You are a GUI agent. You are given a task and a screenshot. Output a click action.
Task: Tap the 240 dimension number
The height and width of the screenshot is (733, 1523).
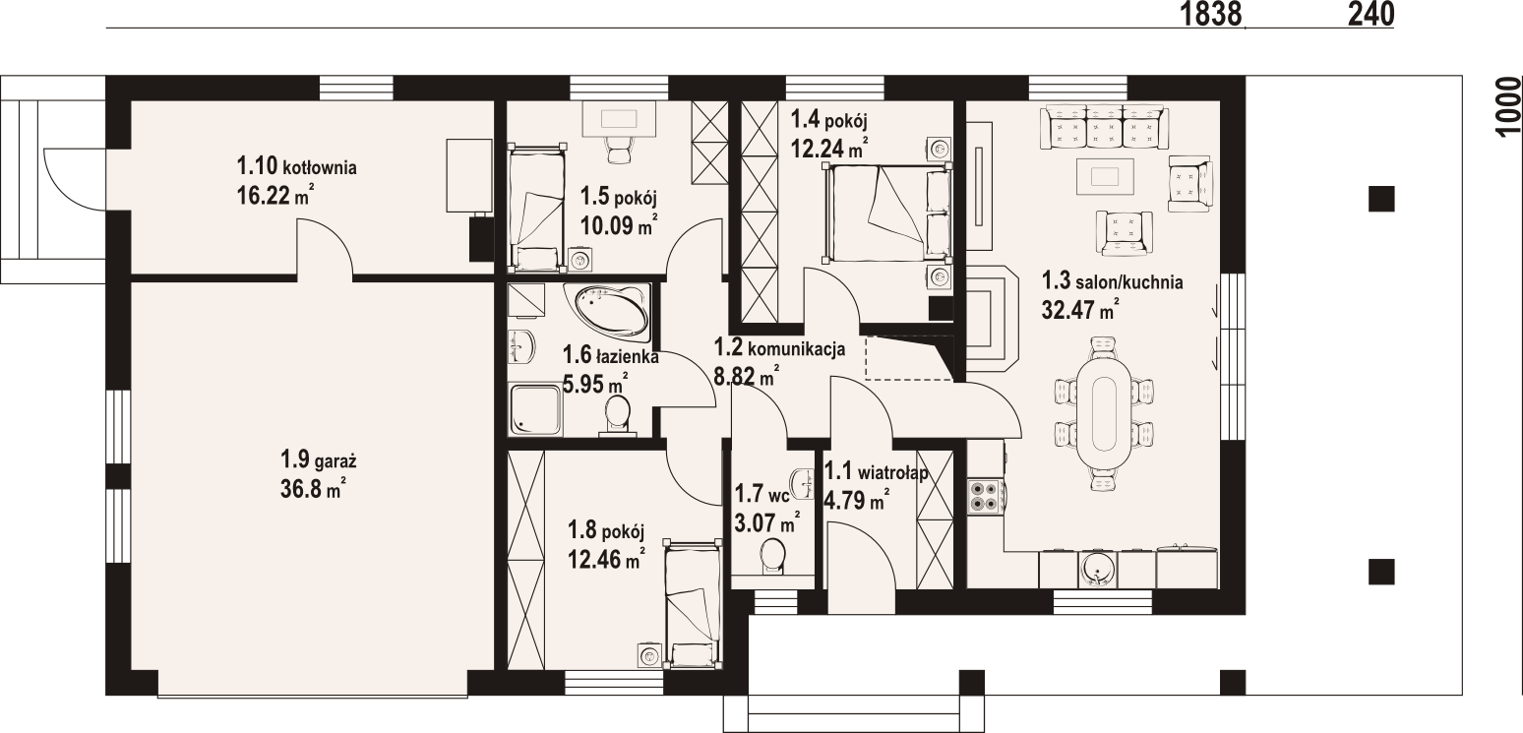[1371, 14]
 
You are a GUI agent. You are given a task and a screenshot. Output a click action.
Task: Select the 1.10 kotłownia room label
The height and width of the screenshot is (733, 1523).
[296, 166]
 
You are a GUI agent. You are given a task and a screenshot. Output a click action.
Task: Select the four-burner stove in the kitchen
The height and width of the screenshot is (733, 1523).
[985, 497]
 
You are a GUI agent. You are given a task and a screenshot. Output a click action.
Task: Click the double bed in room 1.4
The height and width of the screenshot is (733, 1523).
[886, 213]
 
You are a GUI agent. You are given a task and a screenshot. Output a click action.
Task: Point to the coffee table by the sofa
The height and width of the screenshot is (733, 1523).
[1105, 177]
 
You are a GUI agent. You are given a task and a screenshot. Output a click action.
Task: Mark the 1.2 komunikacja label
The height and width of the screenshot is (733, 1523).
[779, 348]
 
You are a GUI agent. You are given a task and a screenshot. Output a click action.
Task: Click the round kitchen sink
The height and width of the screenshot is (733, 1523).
[1097, 568]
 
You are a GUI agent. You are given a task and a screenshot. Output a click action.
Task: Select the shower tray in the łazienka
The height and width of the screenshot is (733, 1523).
[536, 410]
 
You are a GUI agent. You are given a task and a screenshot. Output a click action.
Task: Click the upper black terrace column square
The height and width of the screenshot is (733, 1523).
[1381, 199]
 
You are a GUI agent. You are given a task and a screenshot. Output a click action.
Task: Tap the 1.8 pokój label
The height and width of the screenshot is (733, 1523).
[606, 528]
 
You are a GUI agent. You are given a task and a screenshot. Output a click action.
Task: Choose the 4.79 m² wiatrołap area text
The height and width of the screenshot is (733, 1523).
[856, 502]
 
